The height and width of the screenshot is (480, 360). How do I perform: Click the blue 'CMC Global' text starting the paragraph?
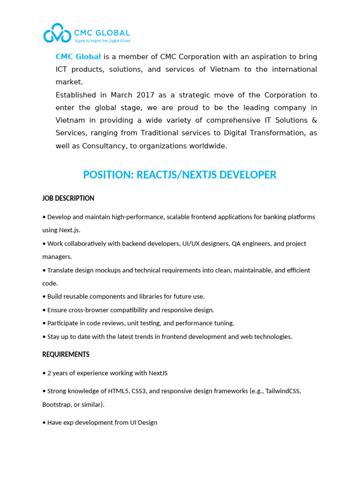[78, 57]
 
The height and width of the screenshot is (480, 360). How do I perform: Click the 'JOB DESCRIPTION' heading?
[68, 198]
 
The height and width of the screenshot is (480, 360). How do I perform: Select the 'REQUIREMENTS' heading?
[66, 354]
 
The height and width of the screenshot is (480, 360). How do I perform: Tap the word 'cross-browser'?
[93, 310]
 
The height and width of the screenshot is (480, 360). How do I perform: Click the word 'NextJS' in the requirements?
[158, 373]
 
